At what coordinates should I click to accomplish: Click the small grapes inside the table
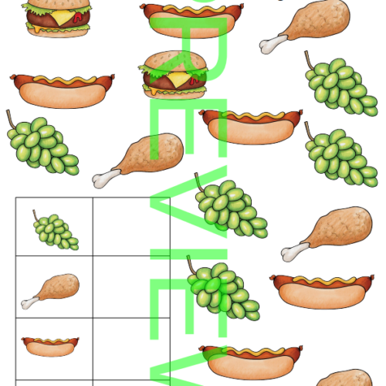[x=56, y=230]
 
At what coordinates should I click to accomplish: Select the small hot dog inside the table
[x=50, y=347]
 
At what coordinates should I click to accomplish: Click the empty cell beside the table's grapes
[x=131, y=227]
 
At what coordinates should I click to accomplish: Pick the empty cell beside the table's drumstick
[x=131, y=287]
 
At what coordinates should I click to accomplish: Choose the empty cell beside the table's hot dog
[x=131, y=349]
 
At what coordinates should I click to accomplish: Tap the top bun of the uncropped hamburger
[x=175, y=59]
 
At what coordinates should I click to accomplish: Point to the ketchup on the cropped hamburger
[x=77, y=18]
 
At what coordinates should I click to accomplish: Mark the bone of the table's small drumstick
[x=29, y=303]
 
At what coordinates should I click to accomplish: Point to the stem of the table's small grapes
[x=36, y=215]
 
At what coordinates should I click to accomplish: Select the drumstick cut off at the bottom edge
[x=345, y=378]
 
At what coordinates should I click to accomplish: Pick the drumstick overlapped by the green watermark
[x=138, y=160]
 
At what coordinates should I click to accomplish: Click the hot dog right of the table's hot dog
[x=251, y=362]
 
